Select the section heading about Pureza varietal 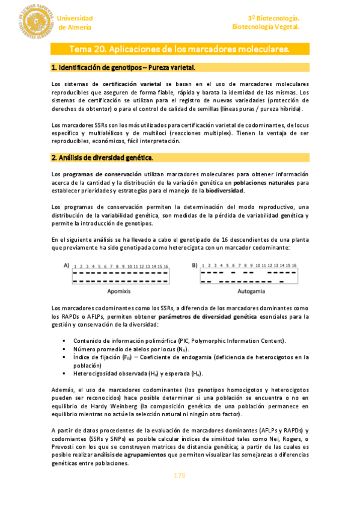coord(123,67)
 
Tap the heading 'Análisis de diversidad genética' coord(102,158)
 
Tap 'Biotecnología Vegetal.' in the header coord(266,27)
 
